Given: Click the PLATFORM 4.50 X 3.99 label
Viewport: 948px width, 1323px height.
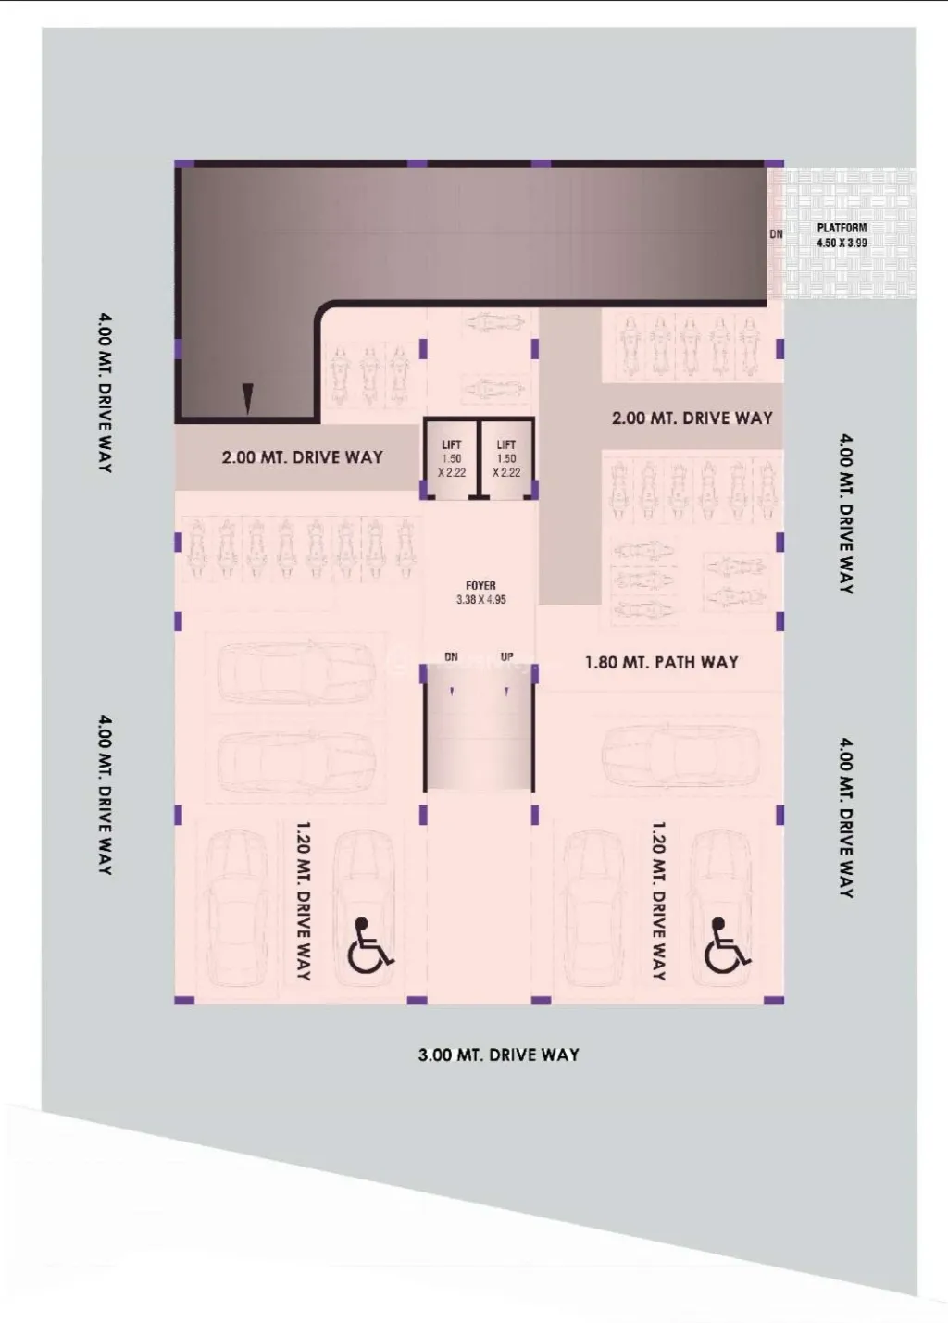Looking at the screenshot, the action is pyautogui.click(x=842, y=235).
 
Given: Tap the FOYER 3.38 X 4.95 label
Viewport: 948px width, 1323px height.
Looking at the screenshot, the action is pyautogui.click(x=480, y=593).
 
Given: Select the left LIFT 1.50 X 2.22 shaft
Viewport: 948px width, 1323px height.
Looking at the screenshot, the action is pyautogui.click(x=451, y=459).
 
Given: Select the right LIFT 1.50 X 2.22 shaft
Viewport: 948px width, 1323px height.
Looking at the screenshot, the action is pyautogui.click(x=506, y=459).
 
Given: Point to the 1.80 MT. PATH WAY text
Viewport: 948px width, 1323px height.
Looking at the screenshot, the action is pyautogui.click(x=662, y=662).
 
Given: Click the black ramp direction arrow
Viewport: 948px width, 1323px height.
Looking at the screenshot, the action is pyautogui.click(x=248, y=399).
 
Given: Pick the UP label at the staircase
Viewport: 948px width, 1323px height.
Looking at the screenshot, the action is pyautogui.click(x=506, y=656).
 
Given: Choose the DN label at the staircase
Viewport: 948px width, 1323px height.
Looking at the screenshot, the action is pyautogui.click(x=451, y=656).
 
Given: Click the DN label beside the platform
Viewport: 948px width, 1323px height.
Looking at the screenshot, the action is pyautogui.click(x=776, y=234).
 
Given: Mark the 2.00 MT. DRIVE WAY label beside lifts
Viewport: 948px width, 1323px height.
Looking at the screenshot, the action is pyautogui.click(x=303, y=457).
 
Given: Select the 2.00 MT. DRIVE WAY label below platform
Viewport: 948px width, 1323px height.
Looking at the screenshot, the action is pyautogui.click(x=692, y=418).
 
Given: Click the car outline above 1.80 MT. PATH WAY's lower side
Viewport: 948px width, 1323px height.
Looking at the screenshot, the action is pyautogui.click(x=680, y=755).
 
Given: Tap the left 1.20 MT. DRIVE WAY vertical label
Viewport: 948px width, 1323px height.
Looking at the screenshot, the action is pyautogui.click(x=303, y=901).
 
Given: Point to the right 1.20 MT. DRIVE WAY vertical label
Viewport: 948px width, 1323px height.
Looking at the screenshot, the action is pyautogui.click(x=659, y=901).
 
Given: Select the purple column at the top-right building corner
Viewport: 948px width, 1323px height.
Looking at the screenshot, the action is pyautogui.click(x=774, y=164).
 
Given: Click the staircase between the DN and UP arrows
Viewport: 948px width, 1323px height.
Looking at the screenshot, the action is pyautogui.click(x=479, y=728).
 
